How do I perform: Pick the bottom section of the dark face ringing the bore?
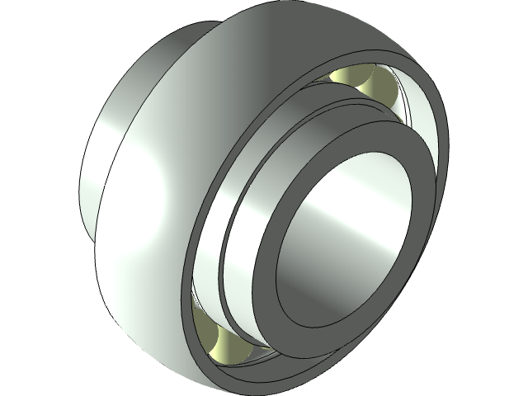click(313, 318)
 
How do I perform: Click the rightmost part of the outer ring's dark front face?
click(441, 165)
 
